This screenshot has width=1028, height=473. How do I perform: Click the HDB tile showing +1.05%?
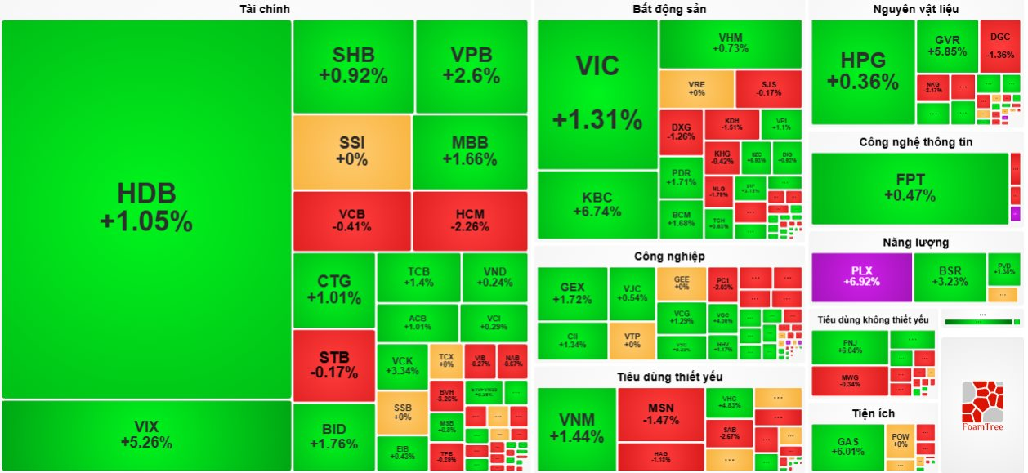tap(146, 208)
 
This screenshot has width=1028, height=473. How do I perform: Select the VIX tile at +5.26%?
tap(146, 435)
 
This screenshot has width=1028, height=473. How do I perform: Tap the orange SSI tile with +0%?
tap(351, 151)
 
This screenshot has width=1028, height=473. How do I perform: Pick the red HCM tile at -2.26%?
tap(470, 221)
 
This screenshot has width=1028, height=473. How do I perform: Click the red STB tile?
tap(333, 365)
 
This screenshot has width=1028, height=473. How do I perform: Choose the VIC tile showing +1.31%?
tap(597, 94)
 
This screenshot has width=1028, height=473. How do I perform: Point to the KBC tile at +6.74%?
tap(597, 204)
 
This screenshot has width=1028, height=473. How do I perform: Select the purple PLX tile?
tap(861, 276)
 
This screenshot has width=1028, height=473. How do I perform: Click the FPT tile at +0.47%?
tap(910, 188)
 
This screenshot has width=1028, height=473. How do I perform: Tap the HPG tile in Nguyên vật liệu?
tap(862, 72)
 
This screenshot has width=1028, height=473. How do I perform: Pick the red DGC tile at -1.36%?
tap(999, 45)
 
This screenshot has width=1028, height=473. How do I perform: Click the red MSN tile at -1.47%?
tap(660, 414)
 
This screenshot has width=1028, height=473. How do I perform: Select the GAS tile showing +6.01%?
tap(847, 447)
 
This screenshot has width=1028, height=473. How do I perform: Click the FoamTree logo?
tap(981, 406)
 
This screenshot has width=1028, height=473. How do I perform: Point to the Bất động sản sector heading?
tap(669, 9)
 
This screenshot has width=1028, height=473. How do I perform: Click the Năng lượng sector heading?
tap(915, 243)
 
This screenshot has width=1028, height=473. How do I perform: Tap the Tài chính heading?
tap(265, 9)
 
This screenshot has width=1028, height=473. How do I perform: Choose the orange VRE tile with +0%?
tap(696, 88)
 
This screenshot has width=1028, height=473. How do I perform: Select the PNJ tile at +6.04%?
tap(849, 346)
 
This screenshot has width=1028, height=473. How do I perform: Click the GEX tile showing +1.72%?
tap(572, 293)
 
